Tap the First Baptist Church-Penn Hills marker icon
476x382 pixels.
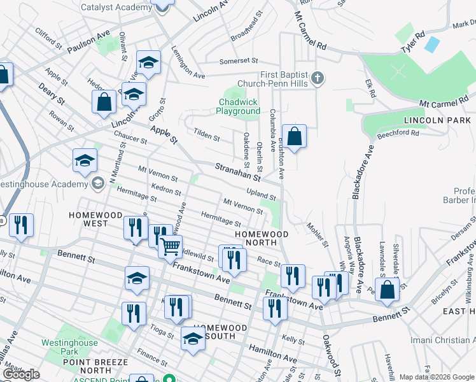tap(318, 79)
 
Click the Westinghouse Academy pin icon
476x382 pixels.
tap(97, 184)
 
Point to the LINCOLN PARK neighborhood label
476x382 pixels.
tap(440, 120)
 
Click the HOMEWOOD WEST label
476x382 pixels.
tap(95, 215)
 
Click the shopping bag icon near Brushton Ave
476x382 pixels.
tap(294, 136)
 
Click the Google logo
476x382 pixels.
tap(21, 374)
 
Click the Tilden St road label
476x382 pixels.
tap(206, 136)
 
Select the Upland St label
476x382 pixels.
tap(261, 194)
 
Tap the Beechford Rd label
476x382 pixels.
tap(398, 134)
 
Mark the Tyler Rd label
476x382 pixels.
tap(412, 42)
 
